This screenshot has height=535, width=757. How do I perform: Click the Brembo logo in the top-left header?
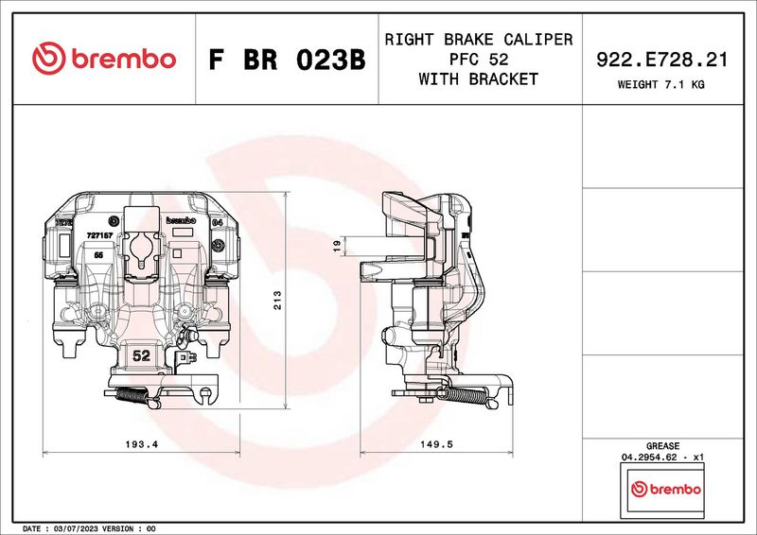(x=104, y=59)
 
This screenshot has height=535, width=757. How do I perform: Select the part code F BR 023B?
(x=286, y=60)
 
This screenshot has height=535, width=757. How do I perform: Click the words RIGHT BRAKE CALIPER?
(x=478, y=40)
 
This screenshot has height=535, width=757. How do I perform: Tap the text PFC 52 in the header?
(x=478, y=60)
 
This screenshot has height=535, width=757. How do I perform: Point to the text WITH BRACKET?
(x=478, y=79)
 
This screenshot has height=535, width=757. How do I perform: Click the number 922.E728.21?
(x=661, y=60)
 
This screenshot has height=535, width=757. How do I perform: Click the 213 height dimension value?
(x=278, y=300)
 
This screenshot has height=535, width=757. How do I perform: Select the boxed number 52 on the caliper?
(x=142, y=356)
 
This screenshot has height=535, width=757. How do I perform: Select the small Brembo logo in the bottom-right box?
(x=667, y=490)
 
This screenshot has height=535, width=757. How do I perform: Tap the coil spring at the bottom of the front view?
(x=133, y=396)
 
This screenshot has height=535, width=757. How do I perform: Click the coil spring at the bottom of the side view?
(x=468, y=396)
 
